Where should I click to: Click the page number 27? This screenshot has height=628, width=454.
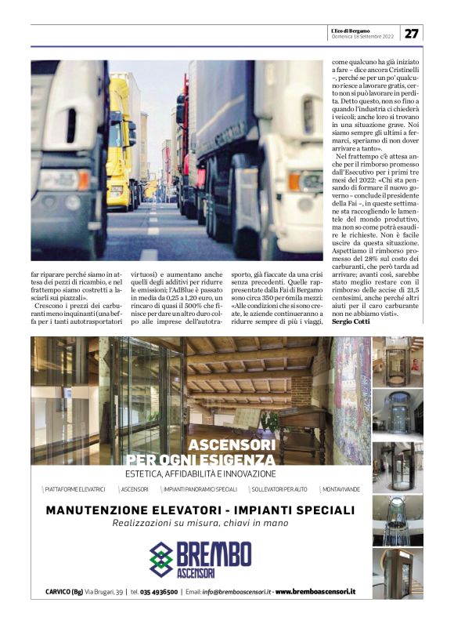tap(412, 33)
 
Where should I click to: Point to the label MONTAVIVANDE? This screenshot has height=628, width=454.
tap(340, 489)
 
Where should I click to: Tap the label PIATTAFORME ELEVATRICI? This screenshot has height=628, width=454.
tap(75, 489)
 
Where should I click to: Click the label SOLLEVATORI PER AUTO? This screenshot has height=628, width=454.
tap(279, 489)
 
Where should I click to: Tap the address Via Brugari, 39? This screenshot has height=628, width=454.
tap(103, 590)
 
